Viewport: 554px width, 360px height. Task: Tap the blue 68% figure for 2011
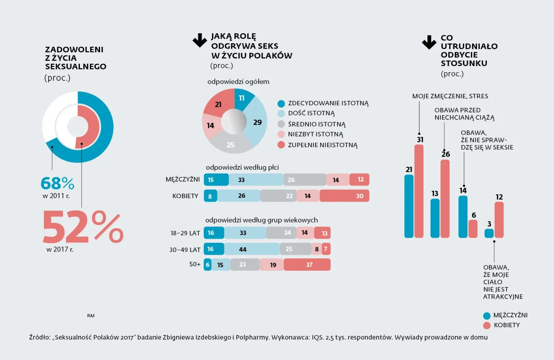click(57, 183)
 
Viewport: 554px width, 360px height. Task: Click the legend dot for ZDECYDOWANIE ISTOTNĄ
click(281, 104)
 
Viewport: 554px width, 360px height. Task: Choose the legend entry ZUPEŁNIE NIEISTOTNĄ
click(323, 145)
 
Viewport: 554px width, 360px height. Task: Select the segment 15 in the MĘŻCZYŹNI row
click(216, 180)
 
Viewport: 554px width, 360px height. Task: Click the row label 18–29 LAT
click(185, 233)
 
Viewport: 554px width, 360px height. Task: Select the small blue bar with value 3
click(489, 233)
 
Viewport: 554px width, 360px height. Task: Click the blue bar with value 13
click(435, 218)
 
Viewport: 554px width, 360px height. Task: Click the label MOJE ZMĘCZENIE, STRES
click(450, 96)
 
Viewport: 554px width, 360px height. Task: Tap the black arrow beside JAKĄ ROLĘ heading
click(200, 40)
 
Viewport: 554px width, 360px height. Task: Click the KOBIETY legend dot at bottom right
click(487, 326)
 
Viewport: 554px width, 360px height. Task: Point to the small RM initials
click(91, 316)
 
